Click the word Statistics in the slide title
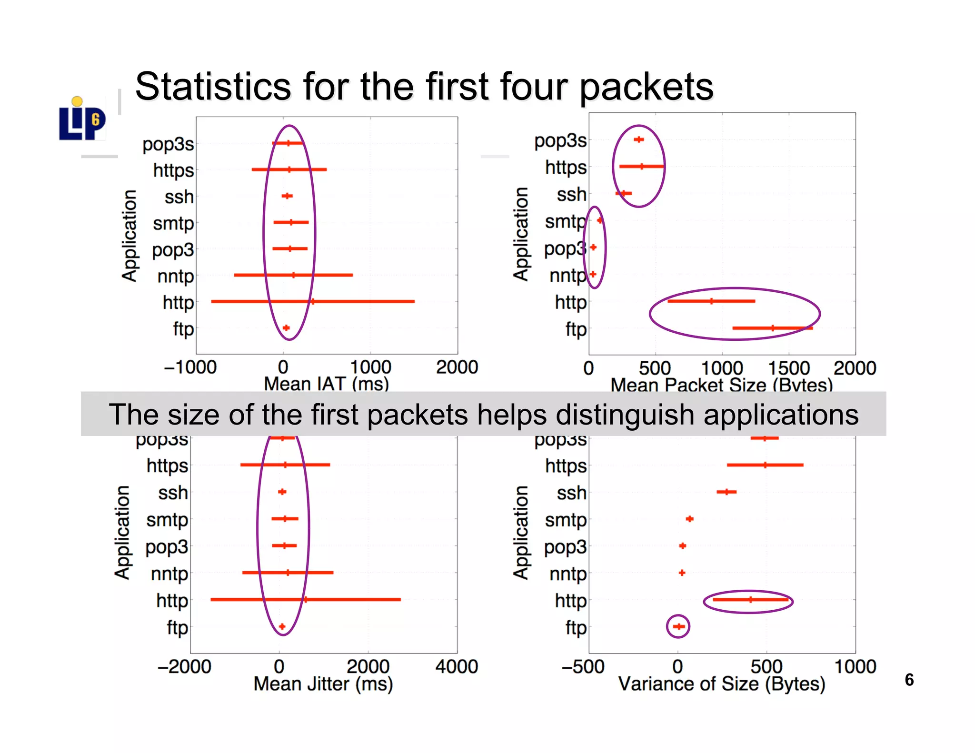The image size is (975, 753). point(212,87)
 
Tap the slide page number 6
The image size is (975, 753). point(909,680)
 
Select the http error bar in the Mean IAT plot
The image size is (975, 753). point(312,301)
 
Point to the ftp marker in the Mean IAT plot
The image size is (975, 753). point(286,328)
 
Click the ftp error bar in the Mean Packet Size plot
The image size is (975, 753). point(772,328)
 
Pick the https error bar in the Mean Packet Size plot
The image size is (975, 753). point(641,167)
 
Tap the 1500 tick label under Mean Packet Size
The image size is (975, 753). point(788,368)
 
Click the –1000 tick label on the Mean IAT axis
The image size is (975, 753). point(190,367)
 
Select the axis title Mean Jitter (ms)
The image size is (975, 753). point(323,684)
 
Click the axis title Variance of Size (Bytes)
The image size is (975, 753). point(721,684)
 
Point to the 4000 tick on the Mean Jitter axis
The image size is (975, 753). point(457,666)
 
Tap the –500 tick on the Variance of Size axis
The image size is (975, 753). point(583,666)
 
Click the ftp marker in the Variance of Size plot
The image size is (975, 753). point(678,626)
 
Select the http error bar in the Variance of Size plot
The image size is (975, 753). point(750,600)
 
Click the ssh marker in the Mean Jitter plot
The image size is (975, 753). point(282,492)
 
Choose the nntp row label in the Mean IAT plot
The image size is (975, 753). point(175,276)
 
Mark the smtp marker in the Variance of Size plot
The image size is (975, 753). point(689,519)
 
